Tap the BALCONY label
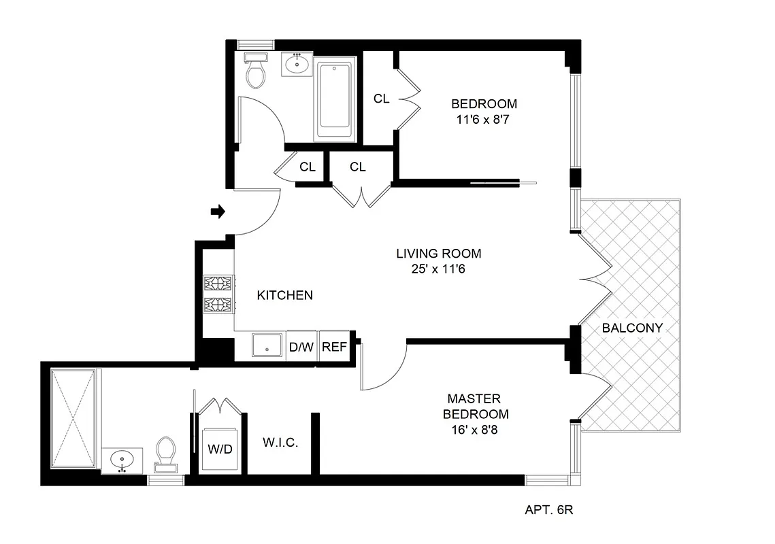click(632, 328)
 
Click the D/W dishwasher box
click(301, 347)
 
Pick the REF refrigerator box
click(334, 347)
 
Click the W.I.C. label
click(280, 443)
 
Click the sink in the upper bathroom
click(297, 65)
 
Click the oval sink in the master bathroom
click(122, 459)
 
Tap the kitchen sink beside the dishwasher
click(268, 345)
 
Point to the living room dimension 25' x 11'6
click(438, 269)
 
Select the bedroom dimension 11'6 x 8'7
click(484, 119)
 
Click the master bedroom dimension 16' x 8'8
click(476, 430)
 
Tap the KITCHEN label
click(284, 295)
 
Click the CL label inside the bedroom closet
click(381, 99)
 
